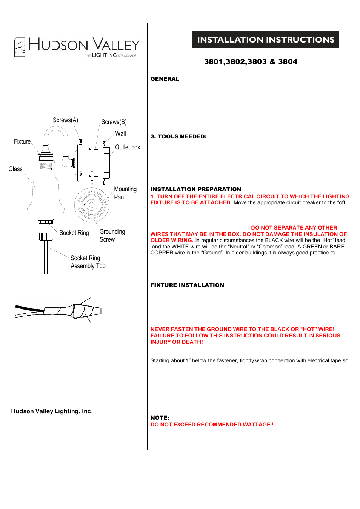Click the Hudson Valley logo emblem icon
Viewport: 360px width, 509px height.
click(x=20, y=47)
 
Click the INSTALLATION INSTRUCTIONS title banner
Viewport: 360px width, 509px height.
click(x=265, y=40)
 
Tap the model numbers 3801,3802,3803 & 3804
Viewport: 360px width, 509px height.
click(x=251, y=61)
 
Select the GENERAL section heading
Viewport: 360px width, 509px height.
click(x=165, y=79)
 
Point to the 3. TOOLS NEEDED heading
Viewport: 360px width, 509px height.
click(x=178, y=136)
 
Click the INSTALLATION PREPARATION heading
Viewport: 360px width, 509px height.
click(x=195, y=189)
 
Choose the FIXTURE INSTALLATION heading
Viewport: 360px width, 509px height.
click(x=187, y=285)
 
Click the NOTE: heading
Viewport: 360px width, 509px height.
click(x=160, y=418)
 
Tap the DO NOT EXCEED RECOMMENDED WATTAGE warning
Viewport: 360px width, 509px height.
click(x=212, y=425)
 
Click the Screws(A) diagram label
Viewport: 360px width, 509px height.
click(x=65, y=120)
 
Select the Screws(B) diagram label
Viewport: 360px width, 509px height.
click(x=114, y=122)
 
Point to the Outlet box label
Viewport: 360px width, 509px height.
click(x=128, y=147)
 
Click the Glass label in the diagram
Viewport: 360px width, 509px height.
click(x=15, y=169)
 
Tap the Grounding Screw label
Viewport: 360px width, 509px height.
click(x=112, y=236)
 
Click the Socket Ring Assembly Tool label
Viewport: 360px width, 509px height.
click(x=89, y=262)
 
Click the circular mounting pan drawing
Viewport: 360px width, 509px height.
click(x=92, y=205)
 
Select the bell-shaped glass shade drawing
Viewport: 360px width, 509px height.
click(x=46, y=194)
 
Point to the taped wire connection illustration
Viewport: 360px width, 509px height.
click(x=58, y=311)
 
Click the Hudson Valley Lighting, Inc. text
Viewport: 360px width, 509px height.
click(x=52, y=411)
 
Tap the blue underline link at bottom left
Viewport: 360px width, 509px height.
click(x=52, y=449)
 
